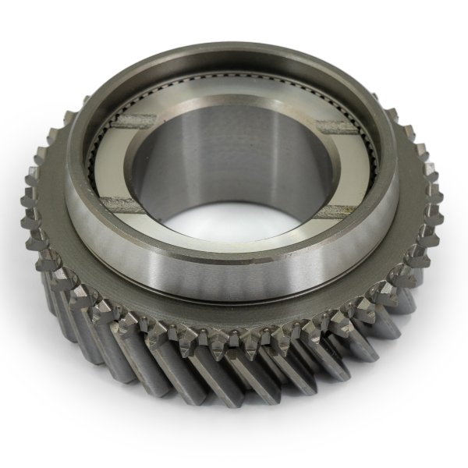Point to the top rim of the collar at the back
coord(234,51)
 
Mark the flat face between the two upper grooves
coord(234,105)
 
